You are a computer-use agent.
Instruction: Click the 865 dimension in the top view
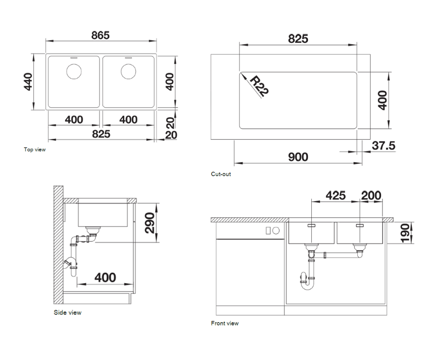click(x=100, y=35)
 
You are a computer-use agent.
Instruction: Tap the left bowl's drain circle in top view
click(x=73, y=71)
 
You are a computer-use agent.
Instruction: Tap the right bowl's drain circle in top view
click(x=128, y=71)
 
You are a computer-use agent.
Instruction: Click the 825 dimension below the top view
click(x=101, y=133)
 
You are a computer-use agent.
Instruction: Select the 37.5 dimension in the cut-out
click(x=383, y=146)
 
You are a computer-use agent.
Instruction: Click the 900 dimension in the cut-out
click(x=298, y=157)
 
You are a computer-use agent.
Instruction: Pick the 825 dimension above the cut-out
click(x=298, y=39)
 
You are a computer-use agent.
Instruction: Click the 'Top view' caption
click(x=35, y=149)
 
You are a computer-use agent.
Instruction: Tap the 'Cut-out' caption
click(x=221, y=174)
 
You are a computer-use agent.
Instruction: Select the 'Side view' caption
click(x=67, y=312)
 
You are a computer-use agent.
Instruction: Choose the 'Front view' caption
click(x=225, y=323)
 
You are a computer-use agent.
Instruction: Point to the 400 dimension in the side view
click(x=105, y=277)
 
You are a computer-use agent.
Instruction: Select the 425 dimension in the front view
click(x=335, y=196)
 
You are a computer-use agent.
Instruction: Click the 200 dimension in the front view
click(x=371, y=196)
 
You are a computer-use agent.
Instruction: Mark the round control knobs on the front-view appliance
click(x=272, y=231)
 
